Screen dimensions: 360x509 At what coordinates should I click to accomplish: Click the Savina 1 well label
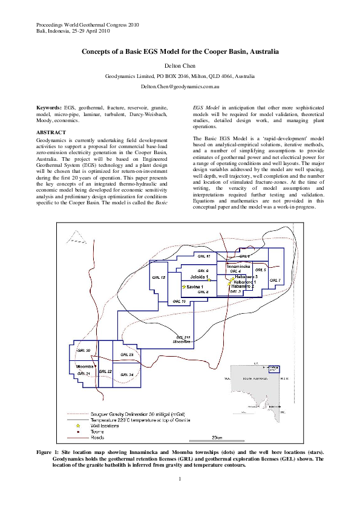195,287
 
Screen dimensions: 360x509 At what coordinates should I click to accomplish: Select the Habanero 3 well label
247,276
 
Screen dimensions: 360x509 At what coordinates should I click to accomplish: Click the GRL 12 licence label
159,277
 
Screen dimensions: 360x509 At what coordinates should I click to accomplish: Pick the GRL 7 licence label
276,280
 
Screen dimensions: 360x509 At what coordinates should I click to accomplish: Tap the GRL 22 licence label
105,371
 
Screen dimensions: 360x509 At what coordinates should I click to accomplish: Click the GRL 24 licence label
126,374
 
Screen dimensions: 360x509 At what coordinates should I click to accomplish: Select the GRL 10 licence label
180,300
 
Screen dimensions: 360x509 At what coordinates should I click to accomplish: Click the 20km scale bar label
217,437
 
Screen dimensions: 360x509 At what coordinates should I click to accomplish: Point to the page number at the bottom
180,479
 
